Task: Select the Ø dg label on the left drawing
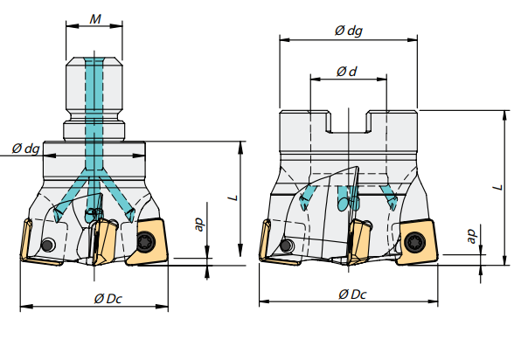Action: tap(25, 149)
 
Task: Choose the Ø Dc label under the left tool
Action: tap(108, 299)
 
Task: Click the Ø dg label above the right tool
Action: tap(348, 31)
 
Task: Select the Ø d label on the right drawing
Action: tap(347, 73)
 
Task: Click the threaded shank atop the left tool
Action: tap(96, 92)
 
